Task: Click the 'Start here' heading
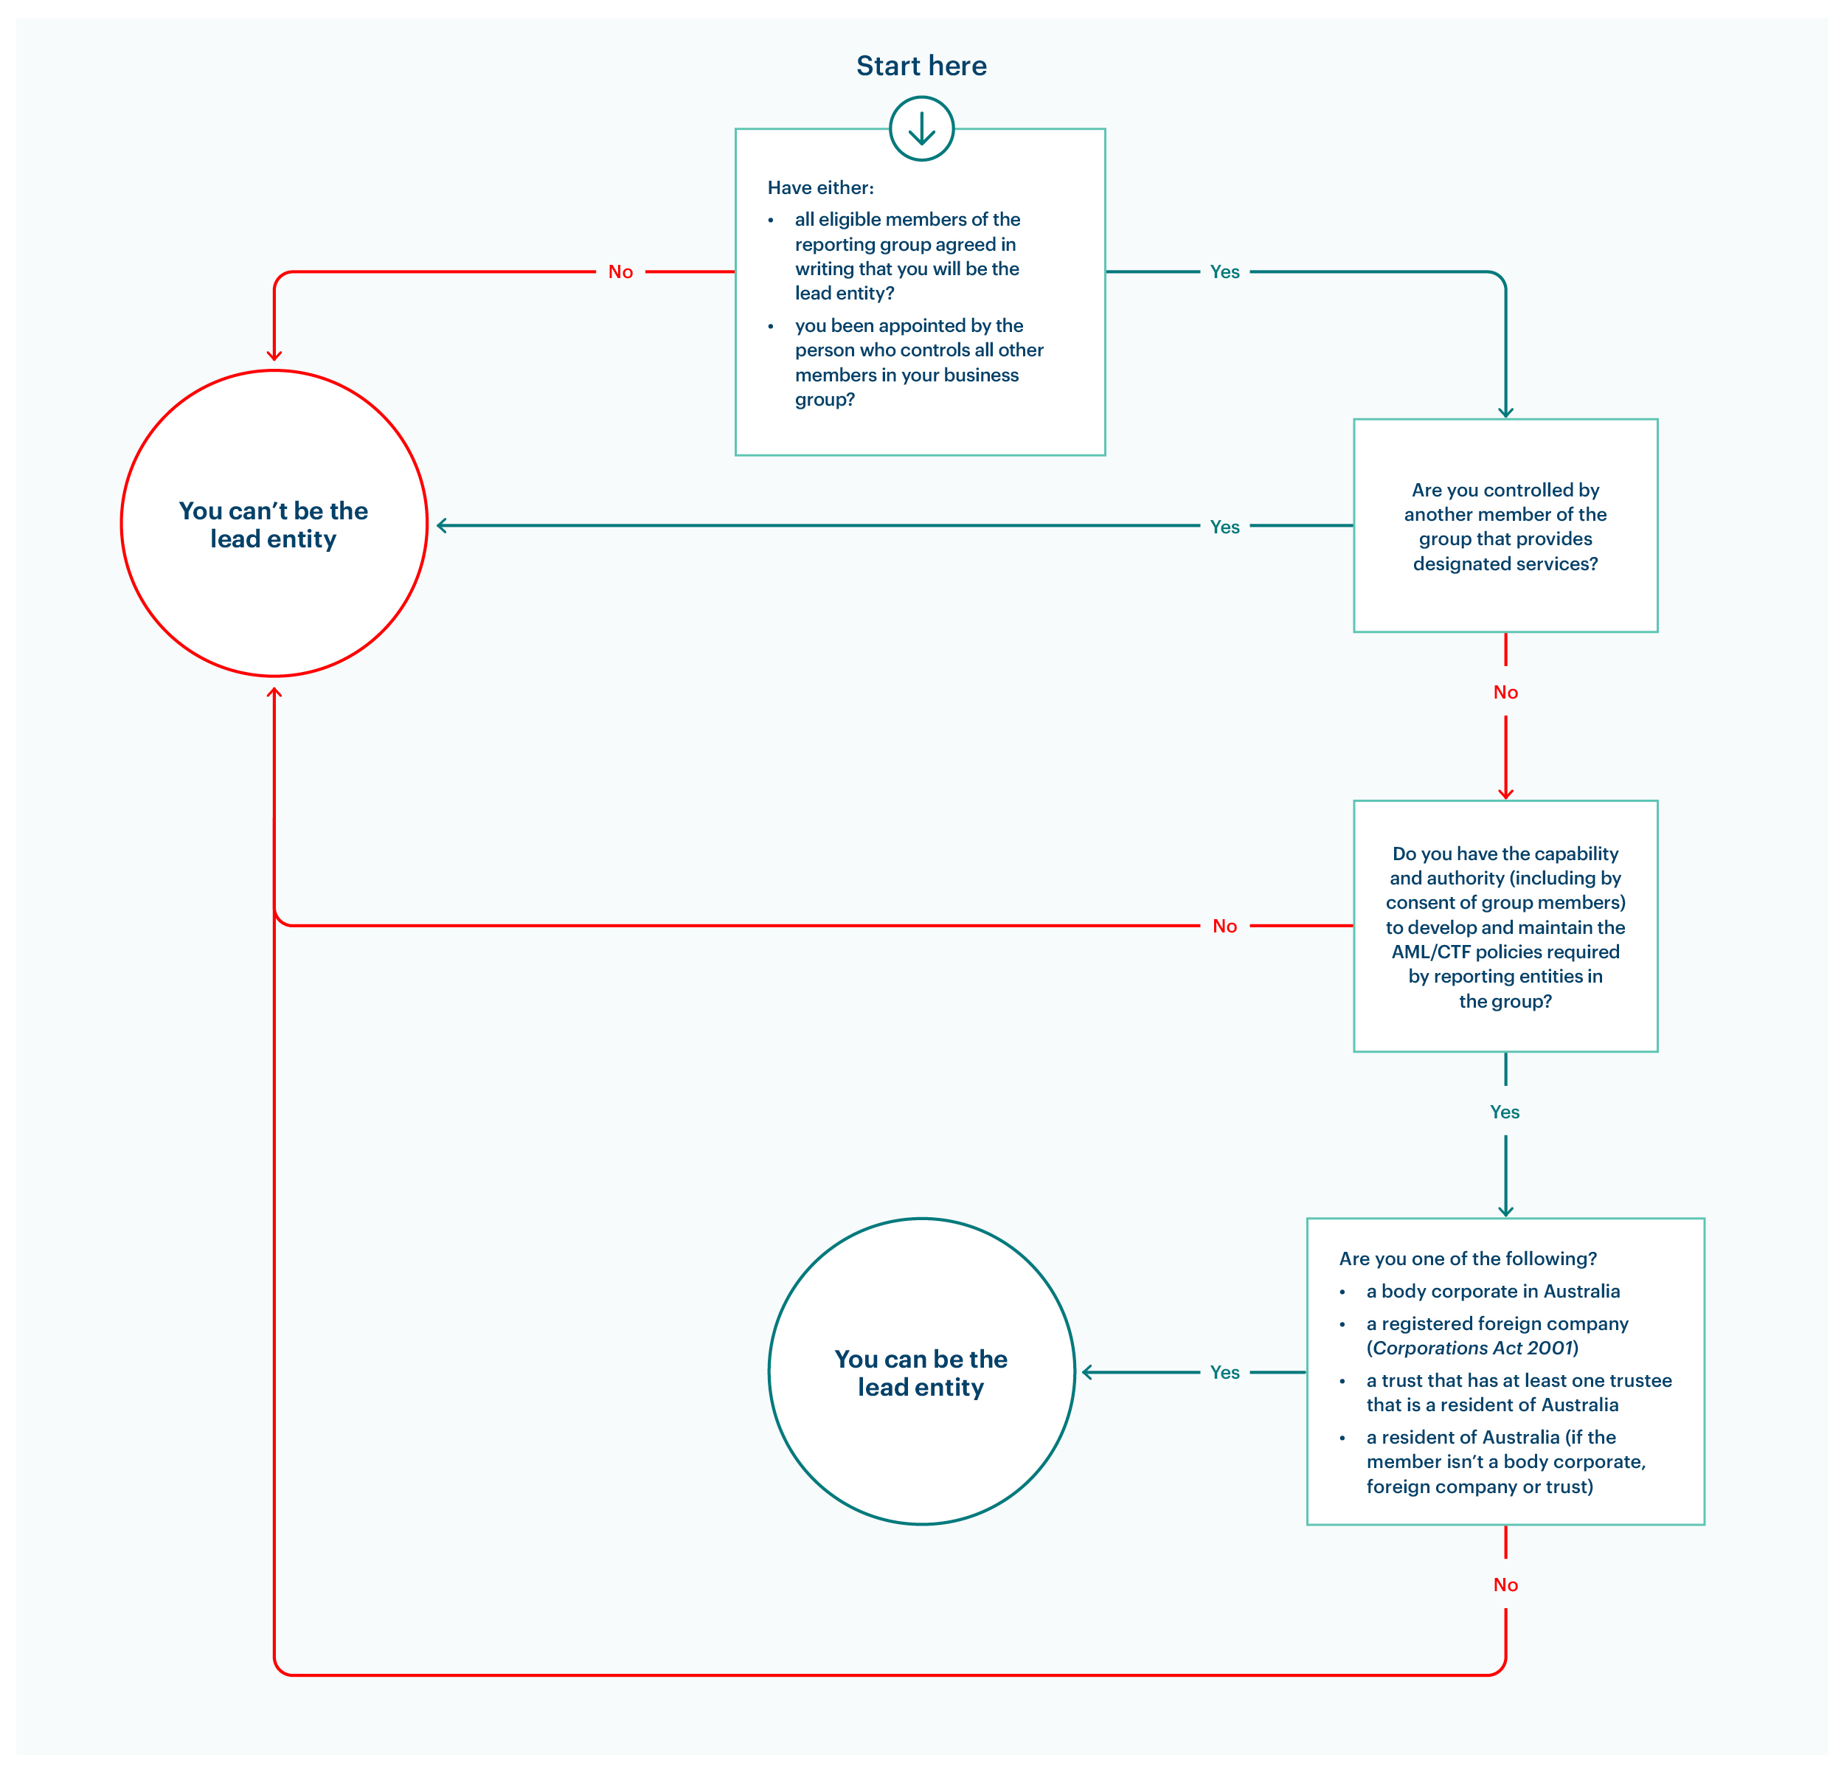pyautogui.click(x=921, y=66)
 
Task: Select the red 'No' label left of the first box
pyautogui.click(x=620, y=272)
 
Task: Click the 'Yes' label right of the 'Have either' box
pyautogui.click(x=1224, y=272)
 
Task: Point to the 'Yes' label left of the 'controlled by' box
pyautogui.click(x=1224, y=527)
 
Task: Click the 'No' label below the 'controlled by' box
pyautogui.click(x=1505, y=693)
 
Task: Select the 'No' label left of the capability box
pyautogui.click(x=1224, y=926)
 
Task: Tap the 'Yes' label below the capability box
pyautogui.click(x=1505, y=1112)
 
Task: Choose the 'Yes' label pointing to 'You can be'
pyautogui.click(x=1224, y=1373)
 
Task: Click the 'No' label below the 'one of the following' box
pyautogui.click(x=1505, y=1585)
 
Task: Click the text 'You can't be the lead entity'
pyautogui.click(x=274, y=525)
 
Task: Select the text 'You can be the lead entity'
pyautogui.click(x=921, y=1373)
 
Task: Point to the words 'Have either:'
pyautogui.click(x=820, y=188)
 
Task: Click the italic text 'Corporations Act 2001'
pyautogui.click(x=1472, y=1348)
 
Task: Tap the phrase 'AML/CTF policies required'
pyautogui.click(x=1505, y=952)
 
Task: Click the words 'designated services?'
pyautogui.click(x=1505, y=564)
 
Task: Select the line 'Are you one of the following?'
pyautogui.click(x=1468, y=1259)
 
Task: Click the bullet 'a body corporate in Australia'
pyautogui.click(x=1493, y=1292)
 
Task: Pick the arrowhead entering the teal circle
pyautogui.click(x=1087, y=1373)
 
